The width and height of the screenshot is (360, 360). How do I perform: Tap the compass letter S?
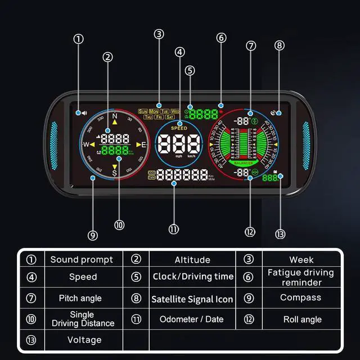pos(115,173)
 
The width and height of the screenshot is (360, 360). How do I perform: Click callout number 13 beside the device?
pos(281,234)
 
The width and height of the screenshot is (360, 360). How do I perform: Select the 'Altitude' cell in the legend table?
pos(192,260)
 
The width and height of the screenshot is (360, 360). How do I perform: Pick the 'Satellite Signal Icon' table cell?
pos(192,299)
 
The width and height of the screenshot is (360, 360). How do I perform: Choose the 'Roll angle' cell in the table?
pos(303,319)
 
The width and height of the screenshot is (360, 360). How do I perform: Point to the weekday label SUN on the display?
pos(143,111)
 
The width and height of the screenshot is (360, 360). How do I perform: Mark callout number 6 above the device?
pos(221,38)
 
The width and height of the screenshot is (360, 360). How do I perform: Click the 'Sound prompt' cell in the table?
pos(82,260)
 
